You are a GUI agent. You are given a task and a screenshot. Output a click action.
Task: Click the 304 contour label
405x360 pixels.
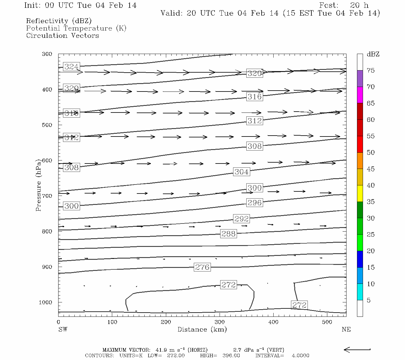click(241, 172)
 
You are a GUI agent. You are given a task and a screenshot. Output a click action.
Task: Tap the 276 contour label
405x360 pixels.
click(202, 267)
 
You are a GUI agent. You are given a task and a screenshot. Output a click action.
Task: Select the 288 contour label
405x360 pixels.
click(228, 233)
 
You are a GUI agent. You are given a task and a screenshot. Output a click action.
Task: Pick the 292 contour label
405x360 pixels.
click(241, 219)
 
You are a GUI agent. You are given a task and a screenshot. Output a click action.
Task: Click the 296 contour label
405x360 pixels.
click(254, 202)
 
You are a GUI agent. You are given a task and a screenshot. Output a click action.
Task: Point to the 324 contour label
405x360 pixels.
click(71, 67)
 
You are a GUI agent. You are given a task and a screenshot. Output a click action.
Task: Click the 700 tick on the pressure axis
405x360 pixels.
click(46, 196)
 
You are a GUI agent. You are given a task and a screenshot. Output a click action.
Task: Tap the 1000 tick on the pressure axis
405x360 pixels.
click(45, 302)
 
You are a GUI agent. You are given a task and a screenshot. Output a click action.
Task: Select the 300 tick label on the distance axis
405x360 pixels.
click(220, 322)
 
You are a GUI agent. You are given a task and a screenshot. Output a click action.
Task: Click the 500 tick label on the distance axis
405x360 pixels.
click(327, 322)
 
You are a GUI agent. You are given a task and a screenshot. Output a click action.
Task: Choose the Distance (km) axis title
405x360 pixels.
click(202, 329)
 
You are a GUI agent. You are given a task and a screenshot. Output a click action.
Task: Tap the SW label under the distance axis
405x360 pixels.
click(63, 329)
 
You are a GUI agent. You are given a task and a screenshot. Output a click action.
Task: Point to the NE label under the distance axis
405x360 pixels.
click(346, 329)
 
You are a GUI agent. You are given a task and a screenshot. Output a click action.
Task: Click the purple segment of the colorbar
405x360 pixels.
click(360, 79)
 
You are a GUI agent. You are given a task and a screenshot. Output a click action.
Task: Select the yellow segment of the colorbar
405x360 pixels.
click(360, 193)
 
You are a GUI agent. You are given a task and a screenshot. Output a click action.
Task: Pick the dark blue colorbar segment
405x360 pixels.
click(360, 259)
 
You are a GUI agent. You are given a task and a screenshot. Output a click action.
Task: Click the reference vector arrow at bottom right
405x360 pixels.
click(357, 349)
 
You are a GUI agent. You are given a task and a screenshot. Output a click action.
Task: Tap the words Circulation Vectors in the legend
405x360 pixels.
click(62, 35)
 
